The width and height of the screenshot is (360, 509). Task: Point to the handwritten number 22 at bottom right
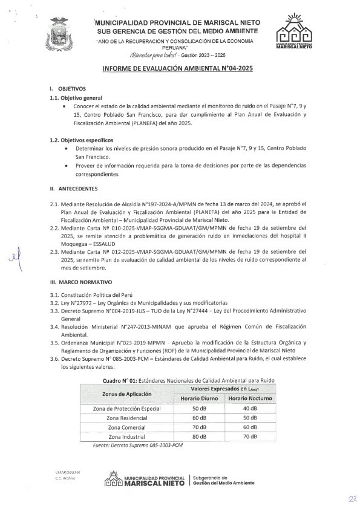pos(351,499)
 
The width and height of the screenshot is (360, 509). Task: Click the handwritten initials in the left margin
pos(26,261)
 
